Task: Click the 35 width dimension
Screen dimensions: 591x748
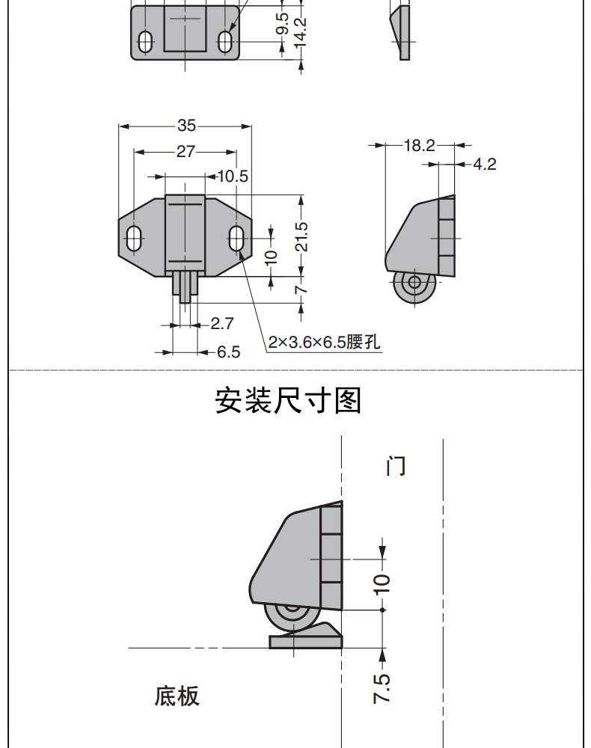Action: (x=186, y=126)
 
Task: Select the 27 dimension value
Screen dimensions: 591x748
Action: (x=186, y=152)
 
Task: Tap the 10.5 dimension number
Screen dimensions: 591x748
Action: (x=233, y=177)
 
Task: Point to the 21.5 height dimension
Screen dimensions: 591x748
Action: (x=301, y=236)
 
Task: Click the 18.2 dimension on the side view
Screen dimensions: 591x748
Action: (x=420, y=145)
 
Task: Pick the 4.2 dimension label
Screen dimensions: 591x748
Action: (x=485, y=164)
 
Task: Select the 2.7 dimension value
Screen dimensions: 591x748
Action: (x=221, y=323)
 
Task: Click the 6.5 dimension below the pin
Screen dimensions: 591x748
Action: (x=228, y=352)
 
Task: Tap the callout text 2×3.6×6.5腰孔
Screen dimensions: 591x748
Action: (x=325, y=342)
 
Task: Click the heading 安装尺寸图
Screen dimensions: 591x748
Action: (x=288, y=401)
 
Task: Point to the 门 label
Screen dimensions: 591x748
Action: (x=396, y=466)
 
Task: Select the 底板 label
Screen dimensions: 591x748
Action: (x=177, y=696)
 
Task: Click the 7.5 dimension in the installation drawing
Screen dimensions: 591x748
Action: (x=382, y=688)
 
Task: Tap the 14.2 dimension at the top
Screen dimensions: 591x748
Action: (x=301, y=32)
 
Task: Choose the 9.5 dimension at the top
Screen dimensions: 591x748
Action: (x=282, y=24)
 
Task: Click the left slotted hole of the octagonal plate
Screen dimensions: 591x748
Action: (x=134, y=238)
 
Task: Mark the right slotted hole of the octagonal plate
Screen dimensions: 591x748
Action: (x=236, y=238)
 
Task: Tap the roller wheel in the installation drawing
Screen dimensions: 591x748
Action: (x=292, y=618)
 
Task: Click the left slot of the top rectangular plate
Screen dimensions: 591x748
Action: (x=145, y=42)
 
